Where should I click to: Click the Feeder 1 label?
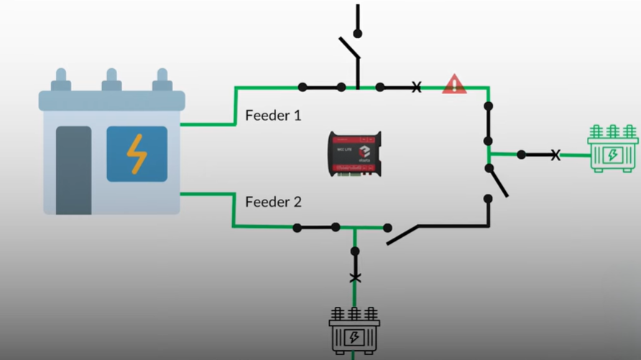pos(273,115)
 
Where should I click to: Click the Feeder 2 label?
pos(273,202)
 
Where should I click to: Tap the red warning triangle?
pos(454,85)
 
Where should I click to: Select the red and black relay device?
pos(355,153)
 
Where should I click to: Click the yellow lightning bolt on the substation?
pos(137,154)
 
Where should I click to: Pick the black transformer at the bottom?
pos(354,331)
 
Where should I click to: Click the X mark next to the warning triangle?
pos(416,88)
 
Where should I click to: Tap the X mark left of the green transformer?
pos(555,154)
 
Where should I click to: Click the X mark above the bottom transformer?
pos(354,277)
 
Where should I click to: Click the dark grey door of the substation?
pos(74,170)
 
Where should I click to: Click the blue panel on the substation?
pos(137,154)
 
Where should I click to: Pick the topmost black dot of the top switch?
pos(357,33)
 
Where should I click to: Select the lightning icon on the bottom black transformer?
pos(354,337)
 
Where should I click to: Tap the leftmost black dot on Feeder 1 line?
pos(303,88)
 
